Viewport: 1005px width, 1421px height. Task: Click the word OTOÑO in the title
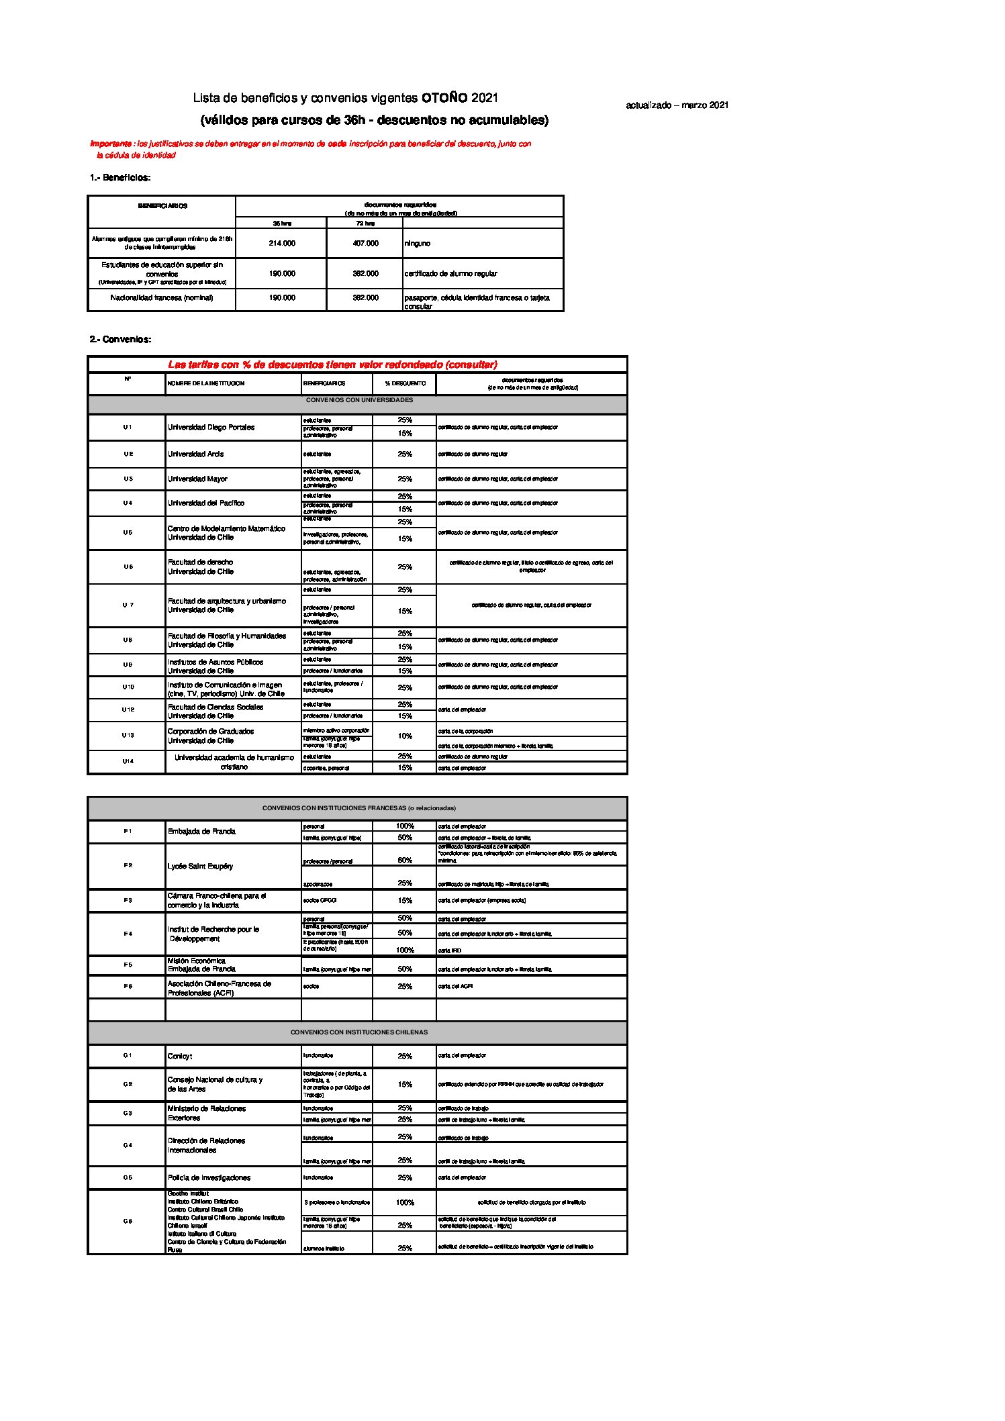click(444, 98)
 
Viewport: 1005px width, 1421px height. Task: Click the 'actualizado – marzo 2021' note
click(677, 105)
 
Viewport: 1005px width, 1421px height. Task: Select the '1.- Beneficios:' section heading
click(120, 178)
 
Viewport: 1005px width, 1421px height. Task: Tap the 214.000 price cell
click(281, 243)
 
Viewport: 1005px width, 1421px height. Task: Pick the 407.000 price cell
click(365, 243)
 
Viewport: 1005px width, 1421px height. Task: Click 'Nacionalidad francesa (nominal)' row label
click(161, 297)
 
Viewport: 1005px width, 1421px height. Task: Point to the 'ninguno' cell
click(417, 243)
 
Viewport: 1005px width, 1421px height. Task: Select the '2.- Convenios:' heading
click(121, 340)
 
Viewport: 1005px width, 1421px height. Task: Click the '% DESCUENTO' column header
click(405, 383)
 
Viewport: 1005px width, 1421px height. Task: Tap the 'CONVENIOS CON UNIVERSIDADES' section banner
click(358, 400)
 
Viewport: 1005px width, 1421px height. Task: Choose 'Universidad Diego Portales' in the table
click(211, 427)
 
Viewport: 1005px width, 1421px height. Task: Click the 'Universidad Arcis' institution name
click(195, 454)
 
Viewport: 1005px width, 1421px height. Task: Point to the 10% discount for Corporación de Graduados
click(405, 736)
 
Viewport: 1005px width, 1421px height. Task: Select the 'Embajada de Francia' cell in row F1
click(201, 831)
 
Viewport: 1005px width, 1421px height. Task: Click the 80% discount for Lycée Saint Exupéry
click(405, 860)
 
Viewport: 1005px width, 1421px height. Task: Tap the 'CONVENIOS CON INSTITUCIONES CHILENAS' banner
click(358, 1032)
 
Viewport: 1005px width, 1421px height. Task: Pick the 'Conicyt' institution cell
click(180, 1056)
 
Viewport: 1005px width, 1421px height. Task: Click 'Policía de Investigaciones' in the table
click(209, 1177)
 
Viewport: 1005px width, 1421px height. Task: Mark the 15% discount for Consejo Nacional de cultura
click(405, 1084)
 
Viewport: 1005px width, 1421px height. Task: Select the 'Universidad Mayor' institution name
click(197, 479)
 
